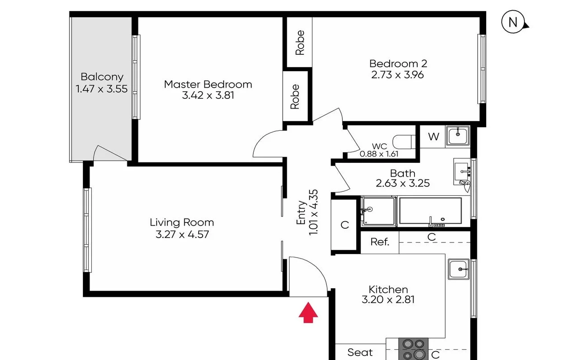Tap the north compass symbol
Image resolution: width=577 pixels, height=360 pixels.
click(513, 23)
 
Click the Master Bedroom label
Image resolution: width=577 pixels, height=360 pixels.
click(208, 84)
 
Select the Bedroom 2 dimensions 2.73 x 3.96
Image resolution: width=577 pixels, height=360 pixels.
click(398, 75)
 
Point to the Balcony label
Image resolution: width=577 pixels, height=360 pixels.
click(102, 77)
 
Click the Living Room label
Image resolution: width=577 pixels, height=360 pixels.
click(182, 222)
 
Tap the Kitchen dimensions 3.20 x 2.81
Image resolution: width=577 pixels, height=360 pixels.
click(388, 299)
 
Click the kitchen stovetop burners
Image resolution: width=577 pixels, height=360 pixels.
click(413, 349)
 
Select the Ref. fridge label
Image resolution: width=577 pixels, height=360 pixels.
click(380, 242)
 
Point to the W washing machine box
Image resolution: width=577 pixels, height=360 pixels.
click(433, 137)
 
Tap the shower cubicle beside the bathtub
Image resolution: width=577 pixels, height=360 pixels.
click(378, 211)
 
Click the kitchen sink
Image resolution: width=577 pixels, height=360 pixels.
click(458, 269)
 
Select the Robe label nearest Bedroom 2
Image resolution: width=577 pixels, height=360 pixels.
click(300, 43)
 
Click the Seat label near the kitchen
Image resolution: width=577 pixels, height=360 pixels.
click(360, 352)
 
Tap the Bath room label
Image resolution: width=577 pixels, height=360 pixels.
click(402, 173)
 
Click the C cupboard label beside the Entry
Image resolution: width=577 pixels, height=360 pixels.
click(345, 225)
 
